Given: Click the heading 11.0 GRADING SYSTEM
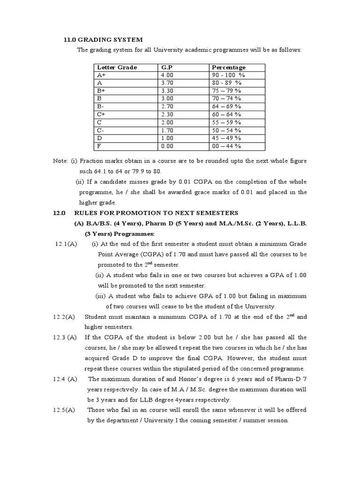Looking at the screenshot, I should click(x=103, y=39).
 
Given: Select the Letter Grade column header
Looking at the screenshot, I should click(x=117, y=67).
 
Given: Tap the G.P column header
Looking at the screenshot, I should click(x=167, y=67).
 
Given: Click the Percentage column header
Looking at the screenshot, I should click(x=228, y=67).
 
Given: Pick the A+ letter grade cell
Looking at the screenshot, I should click(x=102, y=75).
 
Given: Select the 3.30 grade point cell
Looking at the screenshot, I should click(x=167, y=91).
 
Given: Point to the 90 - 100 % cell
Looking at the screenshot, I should click(x=228, y=75).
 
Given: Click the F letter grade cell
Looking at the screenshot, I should click(x=99, y=146).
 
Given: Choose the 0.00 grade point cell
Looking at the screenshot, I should click(x=167, y=146).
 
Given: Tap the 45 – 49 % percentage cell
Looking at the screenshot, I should click(x=226, y=138).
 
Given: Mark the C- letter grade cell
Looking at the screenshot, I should click(x=101, y=130).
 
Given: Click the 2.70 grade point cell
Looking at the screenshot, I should click(x=167, y=107).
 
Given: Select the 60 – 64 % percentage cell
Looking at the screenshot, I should click(x=226, y=114).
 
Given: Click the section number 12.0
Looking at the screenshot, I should click(x=59, y=213).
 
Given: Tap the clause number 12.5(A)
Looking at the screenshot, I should click(x=64, y=410).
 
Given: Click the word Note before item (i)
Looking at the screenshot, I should click(x=60, y=161).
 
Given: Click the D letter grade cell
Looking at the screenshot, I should click(x=99, y=138).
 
